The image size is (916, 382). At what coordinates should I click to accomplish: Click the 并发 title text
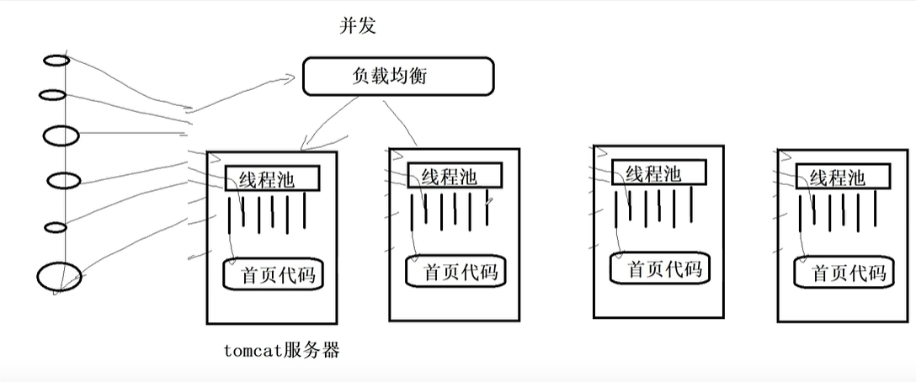[x=358, y=26]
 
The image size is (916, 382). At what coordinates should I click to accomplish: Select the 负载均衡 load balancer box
[x=398, y=76]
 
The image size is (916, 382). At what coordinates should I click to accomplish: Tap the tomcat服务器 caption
[x=282, y=351]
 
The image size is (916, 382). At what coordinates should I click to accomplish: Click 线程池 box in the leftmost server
[x=272, y=178]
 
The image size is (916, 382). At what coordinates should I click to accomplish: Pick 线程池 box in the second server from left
[x=454, y=175]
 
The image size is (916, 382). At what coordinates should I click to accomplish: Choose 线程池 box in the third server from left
[x=659, y=173]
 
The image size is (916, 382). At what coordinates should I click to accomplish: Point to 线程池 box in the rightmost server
[x=843, y=176]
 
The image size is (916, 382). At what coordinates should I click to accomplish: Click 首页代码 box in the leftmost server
[x=274, y=273]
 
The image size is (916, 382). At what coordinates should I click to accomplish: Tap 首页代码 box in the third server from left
[x=660, y=268]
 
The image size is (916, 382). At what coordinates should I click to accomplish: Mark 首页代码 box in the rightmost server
[x=844, y=271]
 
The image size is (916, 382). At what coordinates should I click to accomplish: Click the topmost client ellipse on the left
[x=56, y=61]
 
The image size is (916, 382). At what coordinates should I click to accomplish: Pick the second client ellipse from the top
[x=52, y=94]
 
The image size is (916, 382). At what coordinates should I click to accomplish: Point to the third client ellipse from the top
[x=61, y=135]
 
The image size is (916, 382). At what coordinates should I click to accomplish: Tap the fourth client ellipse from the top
[x=64, y=181]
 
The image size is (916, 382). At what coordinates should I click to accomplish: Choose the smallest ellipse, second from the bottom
[x=56, y=227]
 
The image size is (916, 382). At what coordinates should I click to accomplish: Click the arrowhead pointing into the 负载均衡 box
[x=290, y=77]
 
